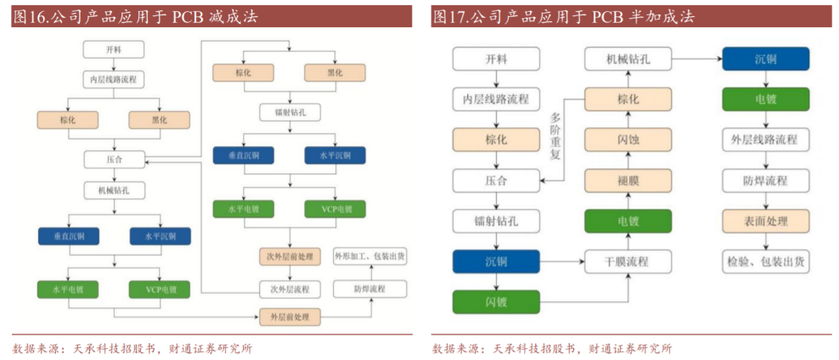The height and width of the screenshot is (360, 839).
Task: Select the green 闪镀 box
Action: tap(496, 301)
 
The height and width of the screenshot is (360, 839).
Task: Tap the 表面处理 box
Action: tap(765, 221)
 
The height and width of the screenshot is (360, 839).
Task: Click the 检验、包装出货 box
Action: tap(765, 262)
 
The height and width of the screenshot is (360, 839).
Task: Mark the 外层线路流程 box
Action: tap(765, 139)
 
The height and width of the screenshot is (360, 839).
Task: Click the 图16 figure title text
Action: tap(136, 17)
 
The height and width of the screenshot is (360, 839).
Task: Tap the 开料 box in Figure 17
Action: tap(496, 59)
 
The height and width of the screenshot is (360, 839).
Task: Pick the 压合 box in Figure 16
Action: tap(115, 159)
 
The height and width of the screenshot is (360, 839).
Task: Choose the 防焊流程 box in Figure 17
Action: tap(765, 180)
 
